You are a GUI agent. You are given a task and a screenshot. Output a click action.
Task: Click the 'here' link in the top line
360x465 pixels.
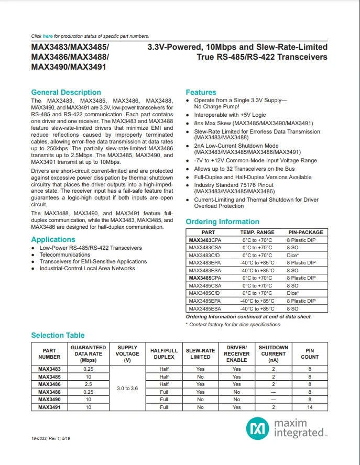click(x=48, y=36)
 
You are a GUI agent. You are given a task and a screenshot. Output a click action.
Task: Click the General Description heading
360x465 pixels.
click(x=66, y=92)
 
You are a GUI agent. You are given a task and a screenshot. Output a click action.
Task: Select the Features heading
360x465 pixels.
click(x=201, y=92)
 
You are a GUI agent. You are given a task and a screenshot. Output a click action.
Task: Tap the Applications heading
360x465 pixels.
click(x=53, y=240)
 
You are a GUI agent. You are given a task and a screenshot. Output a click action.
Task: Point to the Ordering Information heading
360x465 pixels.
click(x=222, y=222)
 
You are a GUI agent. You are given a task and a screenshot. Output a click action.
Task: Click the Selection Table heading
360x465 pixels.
click(x=58, y=335)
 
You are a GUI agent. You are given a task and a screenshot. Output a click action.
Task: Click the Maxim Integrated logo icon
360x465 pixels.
click(x=257, y=428)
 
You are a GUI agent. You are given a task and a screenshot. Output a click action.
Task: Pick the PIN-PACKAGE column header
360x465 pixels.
click(x=306, y=232)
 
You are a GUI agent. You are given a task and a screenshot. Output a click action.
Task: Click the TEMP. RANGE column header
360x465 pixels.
click(x=257, y=232)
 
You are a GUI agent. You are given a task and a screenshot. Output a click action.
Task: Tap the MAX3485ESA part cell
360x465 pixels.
click(x=205, y=309)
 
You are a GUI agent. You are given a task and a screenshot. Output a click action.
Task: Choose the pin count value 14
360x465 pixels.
click(x=310, y=407)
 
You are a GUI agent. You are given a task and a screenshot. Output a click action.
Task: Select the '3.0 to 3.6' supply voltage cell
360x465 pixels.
click(x=127, y=388)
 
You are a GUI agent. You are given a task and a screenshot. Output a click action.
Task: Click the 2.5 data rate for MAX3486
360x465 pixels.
click(x=88, y=384)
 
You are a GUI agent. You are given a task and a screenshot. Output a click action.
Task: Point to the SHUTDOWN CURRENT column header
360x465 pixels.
click(x=274, y=353)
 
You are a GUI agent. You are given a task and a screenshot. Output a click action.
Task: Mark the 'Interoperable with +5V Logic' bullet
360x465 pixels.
click(x=231, y=115)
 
